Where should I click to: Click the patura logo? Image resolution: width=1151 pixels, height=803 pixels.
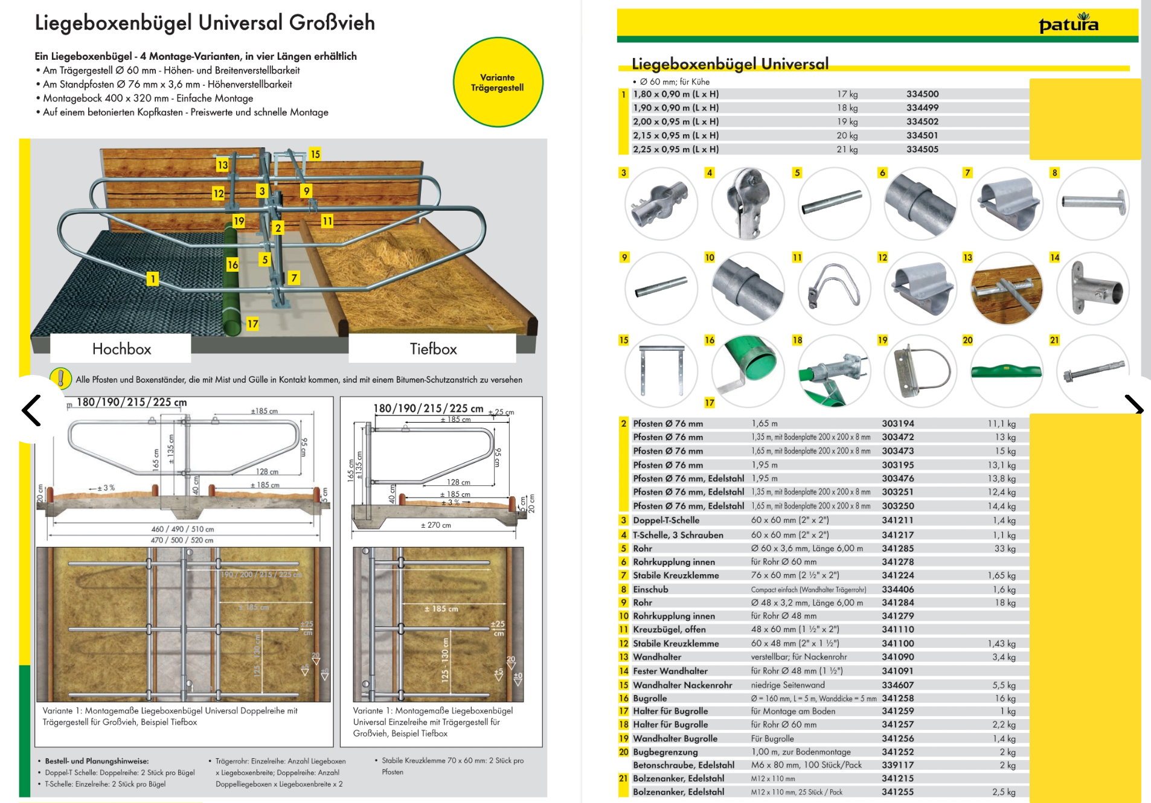[1068, 24]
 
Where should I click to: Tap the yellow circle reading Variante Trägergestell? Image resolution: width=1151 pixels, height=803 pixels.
[498, 83]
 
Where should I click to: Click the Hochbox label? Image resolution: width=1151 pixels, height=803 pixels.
[121, 349]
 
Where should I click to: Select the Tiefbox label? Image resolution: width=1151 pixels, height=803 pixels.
[433, 349]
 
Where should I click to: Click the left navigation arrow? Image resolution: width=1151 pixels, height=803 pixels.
[31, 411]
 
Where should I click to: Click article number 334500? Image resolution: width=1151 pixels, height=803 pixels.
[922, 94]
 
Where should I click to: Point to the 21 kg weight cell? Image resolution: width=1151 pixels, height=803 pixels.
[847, 150]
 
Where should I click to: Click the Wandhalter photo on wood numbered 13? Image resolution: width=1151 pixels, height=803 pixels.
[1006, 289]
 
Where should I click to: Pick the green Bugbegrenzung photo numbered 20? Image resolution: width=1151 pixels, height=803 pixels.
[1006, 370]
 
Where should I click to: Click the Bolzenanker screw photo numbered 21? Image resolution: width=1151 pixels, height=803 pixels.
[1092, 370]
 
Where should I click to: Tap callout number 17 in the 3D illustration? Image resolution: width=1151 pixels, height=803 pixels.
[252, 324]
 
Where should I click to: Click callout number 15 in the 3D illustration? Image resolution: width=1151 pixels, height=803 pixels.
[315, 154]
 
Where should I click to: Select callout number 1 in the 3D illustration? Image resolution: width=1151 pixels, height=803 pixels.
[153, 278]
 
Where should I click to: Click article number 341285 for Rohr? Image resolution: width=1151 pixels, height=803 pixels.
[897, 548]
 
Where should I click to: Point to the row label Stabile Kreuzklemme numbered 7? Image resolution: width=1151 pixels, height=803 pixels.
[675, 575]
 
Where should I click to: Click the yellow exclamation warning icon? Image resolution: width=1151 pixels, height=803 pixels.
[60, 379]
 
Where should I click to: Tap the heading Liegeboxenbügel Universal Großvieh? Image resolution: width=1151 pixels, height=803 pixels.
[205, 23]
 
